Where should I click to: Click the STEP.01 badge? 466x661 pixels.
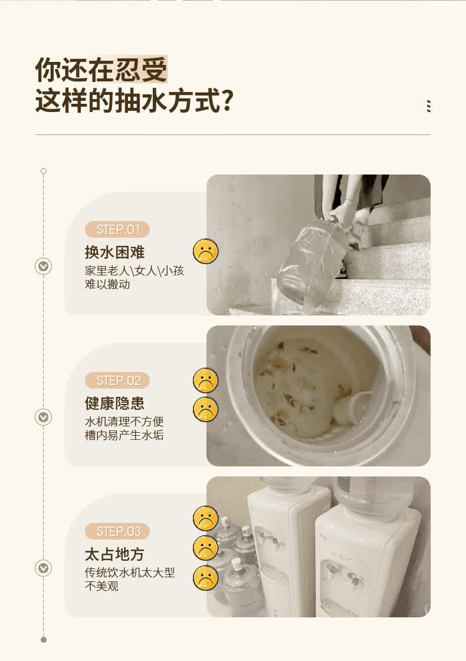(117, 229)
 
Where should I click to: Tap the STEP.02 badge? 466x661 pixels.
(117, 380)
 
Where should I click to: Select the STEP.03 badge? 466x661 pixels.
(117, 531)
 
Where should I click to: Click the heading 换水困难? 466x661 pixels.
(114, 252)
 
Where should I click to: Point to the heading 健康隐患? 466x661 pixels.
(114, 403)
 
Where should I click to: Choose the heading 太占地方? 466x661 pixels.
(114, 554)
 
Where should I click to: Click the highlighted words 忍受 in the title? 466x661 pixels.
(141, 69)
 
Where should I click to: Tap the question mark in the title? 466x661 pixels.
(228, 101)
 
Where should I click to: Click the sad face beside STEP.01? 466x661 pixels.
(205, 251)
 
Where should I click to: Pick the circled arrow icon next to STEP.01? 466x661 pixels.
(43, 267)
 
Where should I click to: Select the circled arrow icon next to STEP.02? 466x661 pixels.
(43, 417)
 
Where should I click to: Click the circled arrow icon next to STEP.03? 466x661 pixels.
(43, 568)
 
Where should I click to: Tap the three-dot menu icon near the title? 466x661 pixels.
(429, 106)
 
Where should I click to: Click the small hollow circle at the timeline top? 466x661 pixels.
(44, 171)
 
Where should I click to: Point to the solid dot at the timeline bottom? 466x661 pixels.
(44, 640)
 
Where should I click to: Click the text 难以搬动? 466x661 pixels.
(107, 285)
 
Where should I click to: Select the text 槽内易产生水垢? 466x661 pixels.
(124, 435)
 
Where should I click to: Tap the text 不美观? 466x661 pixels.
(101, 586)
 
